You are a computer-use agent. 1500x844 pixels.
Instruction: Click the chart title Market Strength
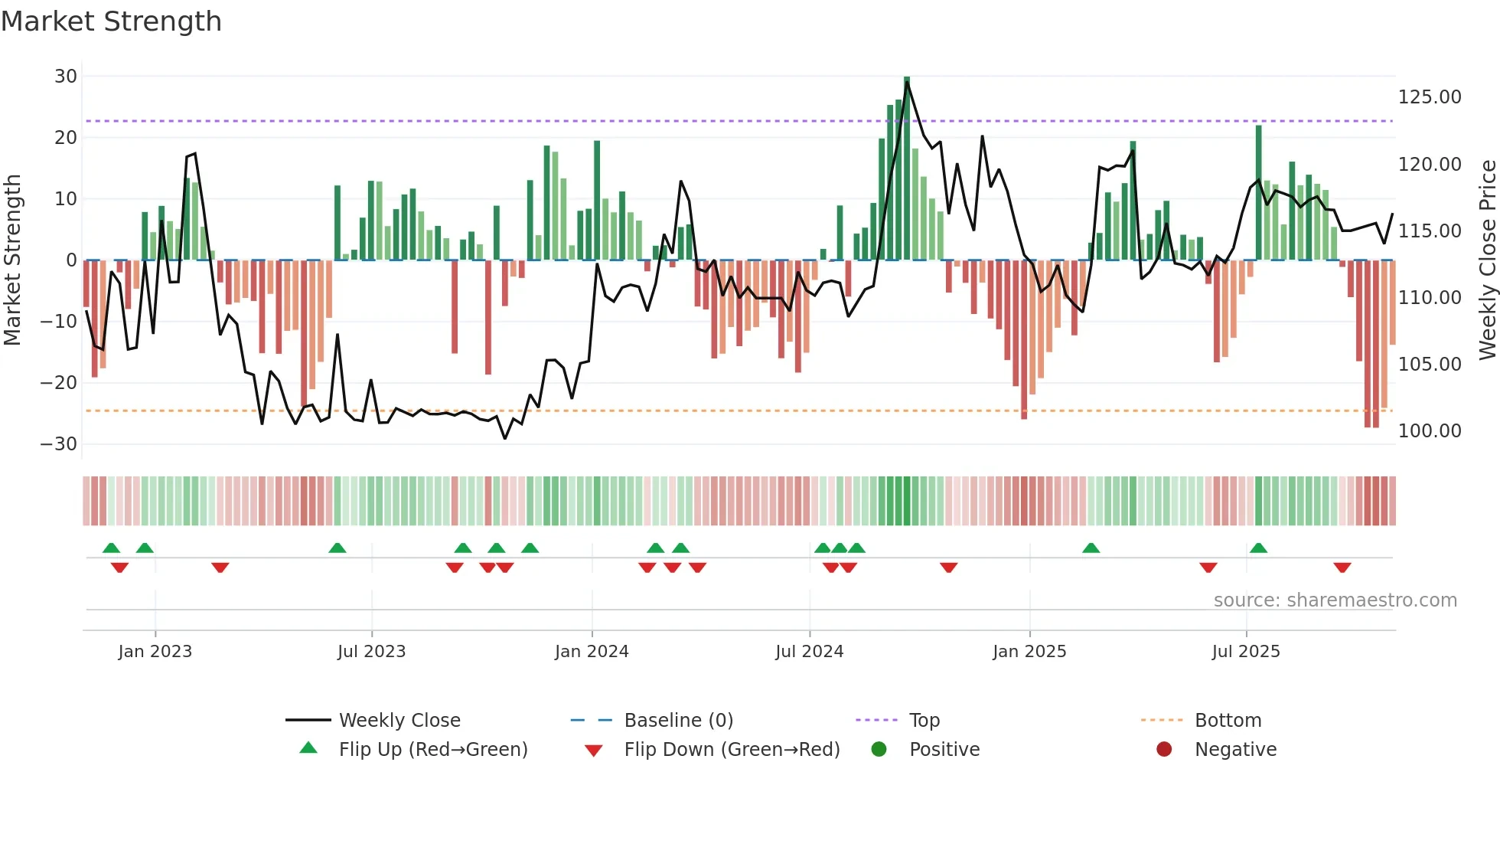[111, 21]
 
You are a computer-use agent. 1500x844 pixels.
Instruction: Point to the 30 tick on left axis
[66, 77]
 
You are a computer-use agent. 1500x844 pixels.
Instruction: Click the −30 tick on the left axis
[59, 444]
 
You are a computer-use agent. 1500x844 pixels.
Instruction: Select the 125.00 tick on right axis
[1430, 97]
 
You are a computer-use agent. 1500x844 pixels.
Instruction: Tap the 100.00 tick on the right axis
[1430, 431]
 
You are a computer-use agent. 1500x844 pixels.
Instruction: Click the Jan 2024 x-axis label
[592, 652]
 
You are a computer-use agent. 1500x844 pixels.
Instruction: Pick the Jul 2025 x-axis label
[1246, 652]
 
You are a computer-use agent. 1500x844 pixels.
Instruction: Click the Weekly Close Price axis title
[1487, 260]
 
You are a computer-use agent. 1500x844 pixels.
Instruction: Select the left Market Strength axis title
[12, 260]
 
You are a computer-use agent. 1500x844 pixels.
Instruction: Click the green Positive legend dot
[879, 750]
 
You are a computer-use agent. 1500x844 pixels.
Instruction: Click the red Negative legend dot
[1164, 750]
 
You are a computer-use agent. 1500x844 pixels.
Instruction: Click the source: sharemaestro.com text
[1335, 600]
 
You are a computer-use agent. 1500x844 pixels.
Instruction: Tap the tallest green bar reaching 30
[907, 168]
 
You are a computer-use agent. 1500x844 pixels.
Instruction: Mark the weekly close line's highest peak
[907, 83]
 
